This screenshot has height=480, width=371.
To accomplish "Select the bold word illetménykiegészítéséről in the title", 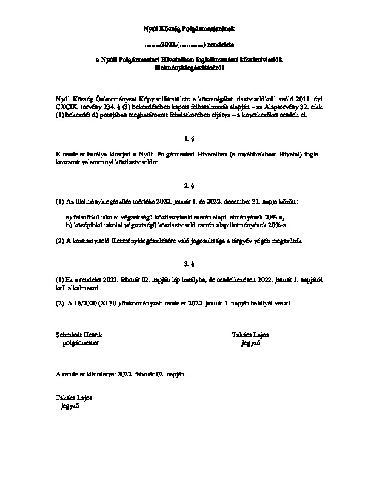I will (185, 68).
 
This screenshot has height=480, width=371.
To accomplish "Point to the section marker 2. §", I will (185, 184).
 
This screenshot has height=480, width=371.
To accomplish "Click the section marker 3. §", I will (185, 264).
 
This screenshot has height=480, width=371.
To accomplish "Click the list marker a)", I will (69, 216).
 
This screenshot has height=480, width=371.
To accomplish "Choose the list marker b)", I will (69, 224).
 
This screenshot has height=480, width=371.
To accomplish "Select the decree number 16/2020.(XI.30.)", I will (95, 304).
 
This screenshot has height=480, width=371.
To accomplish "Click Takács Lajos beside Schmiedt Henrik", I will (250, 335).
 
